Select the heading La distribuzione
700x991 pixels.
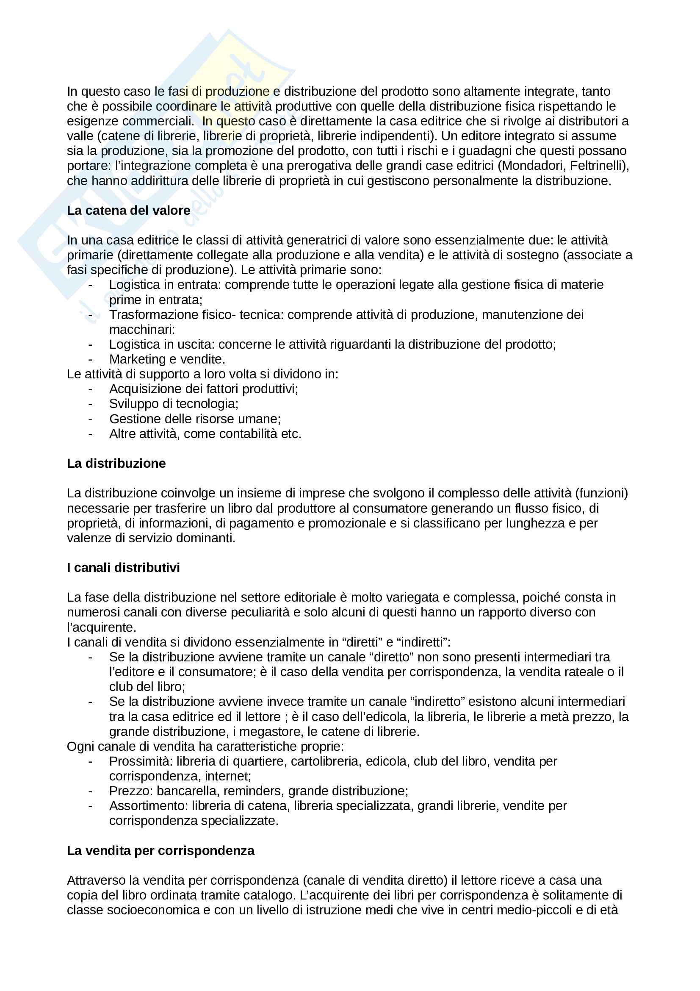[116, 463]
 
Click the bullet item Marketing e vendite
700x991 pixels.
[167, 359]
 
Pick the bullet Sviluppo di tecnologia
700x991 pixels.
[173, 404]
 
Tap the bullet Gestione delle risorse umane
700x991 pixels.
[194, 419]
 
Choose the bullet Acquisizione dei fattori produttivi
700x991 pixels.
[203, 389]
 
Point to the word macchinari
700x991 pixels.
[141, 329]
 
